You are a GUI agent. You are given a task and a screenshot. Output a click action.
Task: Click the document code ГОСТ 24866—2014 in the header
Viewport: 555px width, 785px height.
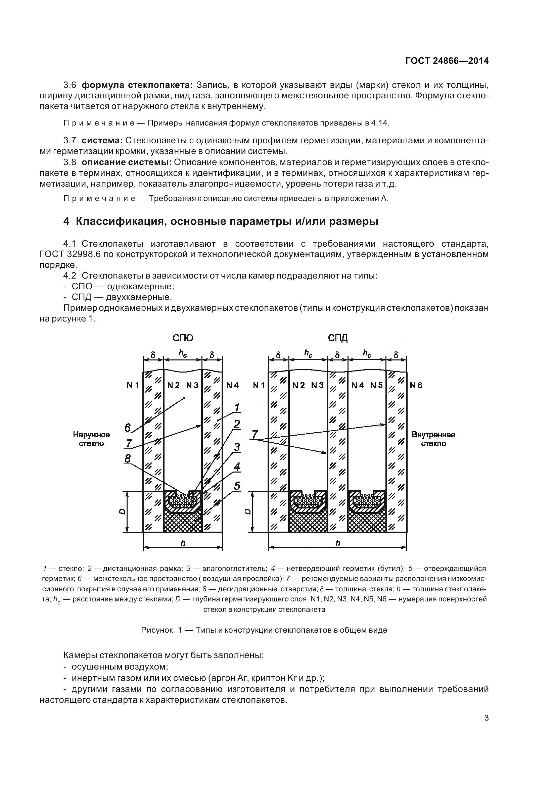(x=447, y=61)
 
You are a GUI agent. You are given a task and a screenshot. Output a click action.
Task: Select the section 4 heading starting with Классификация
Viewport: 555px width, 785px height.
(x=221, y=222)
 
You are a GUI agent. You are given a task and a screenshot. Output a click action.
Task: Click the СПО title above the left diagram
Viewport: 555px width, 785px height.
(x=183, y=338)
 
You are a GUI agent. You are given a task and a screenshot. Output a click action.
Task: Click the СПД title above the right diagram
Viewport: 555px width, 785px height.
(x=337, y=338)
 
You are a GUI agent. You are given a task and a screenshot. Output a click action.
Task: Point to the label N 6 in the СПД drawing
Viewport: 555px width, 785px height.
(x=416, y=385)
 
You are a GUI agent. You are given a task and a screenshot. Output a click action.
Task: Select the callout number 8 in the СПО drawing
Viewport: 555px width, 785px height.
(x=128, y=458)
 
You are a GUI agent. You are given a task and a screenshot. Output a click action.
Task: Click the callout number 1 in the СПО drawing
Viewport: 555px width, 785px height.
(x=237, y=407)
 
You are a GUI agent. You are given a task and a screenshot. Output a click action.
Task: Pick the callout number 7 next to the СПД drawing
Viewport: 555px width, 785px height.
(x=255, y=435)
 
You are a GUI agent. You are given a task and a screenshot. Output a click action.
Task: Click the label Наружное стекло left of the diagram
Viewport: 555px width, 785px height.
(x=91, y=439)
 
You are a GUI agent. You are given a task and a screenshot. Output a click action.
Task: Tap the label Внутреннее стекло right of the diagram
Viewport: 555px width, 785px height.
(x=433, y=439)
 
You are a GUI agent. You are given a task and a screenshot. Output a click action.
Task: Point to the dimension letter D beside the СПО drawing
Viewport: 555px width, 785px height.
(x=123, y=512)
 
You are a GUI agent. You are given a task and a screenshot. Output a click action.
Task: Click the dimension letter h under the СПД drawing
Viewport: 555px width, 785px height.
(x=338, y=543)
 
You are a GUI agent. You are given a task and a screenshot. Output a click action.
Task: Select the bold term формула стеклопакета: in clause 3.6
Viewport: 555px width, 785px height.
(x=137, y=85)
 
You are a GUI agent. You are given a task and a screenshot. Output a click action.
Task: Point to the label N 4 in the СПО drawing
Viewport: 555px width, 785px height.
(x=233, y=385)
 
